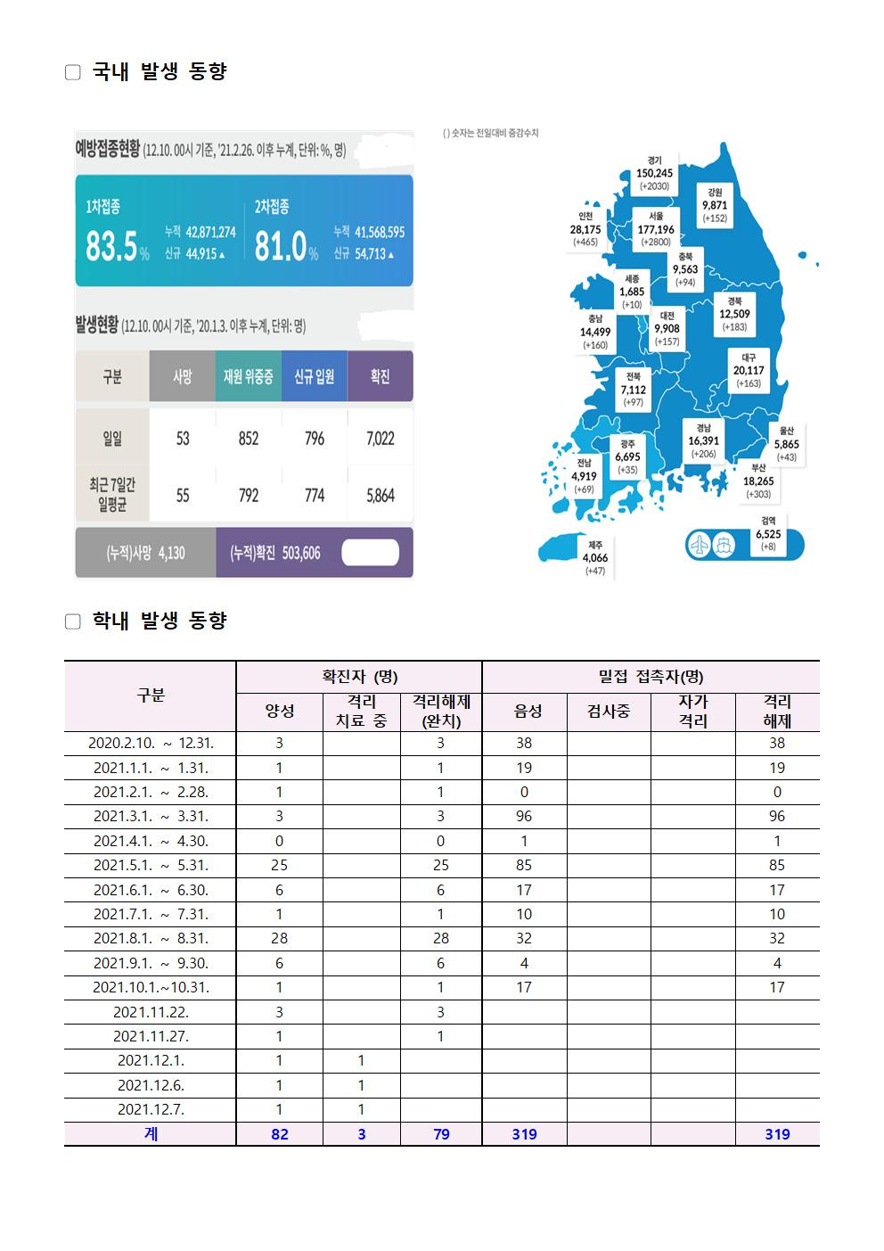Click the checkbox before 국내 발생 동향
pyautogui.click(x=73, y=72)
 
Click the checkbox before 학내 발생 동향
pyautogui.click(x=73, y=621)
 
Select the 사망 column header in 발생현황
pyautogui.click(x=183, y=376)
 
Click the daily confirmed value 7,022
pyautogui.click(x=381, y=439)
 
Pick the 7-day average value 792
pyautogui.click(x=249, y=496)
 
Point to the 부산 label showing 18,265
pyautogui.click(x=758, y=481)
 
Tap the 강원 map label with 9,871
pyautogui.click(x=715, y=204)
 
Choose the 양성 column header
pyautogui.click(x=279, y=712)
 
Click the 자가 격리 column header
pyautogui.click(x=692, y=712)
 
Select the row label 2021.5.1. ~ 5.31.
pyautogui.click(x=150, y=865)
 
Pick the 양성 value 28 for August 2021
pyautogui.click(x=279, y=938)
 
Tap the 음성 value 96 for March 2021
pyautogui.click(x=524, y=816)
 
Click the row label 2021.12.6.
pyautogui.click(x=150, y=1085)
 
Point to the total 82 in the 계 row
pyautogui.click(x=279, y=1134)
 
